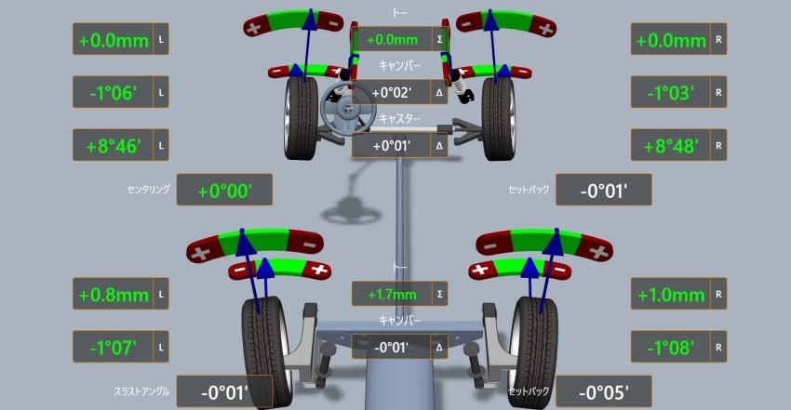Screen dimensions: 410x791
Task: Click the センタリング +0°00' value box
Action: pyautogui.click(x=224, y=190)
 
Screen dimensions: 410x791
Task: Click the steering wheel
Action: pyautogui.click(x=342, y=108)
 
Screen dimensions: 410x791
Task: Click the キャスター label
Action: pyautogui.click(x=399, y=120)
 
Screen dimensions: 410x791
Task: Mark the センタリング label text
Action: pyautogui.click(x=148, y=190)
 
